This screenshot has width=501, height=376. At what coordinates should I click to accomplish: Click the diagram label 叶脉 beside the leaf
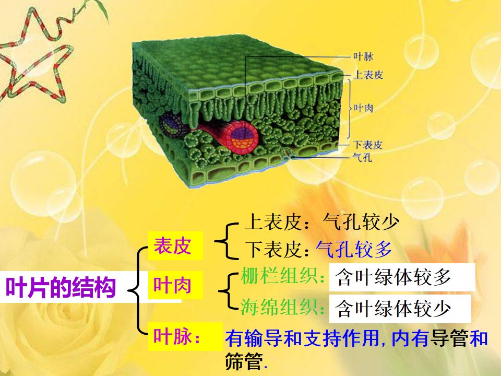(363, 56)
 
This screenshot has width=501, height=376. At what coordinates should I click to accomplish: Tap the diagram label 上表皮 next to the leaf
(368, 75)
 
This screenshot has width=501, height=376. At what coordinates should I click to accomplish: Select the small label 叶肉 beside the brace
(363, 108)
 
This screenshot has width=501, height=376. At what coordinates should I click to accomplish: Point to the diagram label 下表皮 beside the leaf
(367, 145)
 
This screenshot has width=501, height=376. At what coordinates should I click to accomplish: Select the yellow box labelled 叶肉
(173, 286)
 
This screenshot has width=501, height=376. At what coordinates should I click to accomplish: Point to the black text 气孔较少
(361, 222)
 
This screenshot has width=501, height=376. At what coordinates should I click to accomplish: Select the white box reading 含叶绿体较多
(401, 277)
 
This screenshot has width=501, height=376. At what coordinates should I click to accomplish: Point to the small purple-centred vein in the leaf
(170, 124)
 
